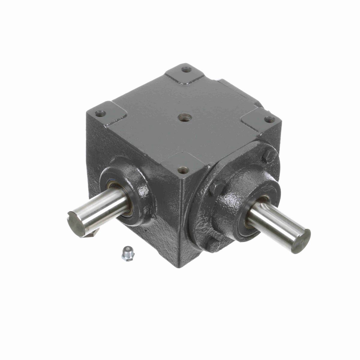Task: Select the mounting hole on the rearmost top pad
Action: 187,70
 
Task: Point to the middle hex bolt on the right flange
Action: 217,189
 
